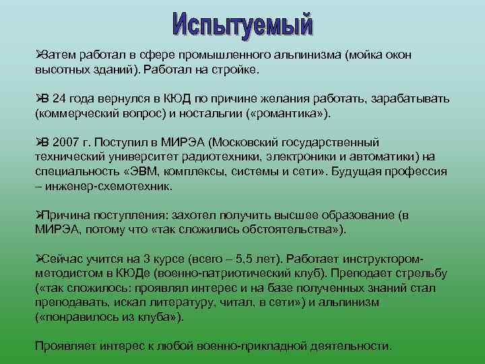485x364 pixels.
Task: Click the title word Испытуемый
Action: pyautogui.click(x=243, y=24)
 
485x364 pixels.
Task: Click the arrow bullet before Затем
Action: pyautogui.click(x=38, y=55)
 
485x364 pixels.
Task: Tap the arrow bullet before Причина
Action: pyautogui.click(x=38, y=215)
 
